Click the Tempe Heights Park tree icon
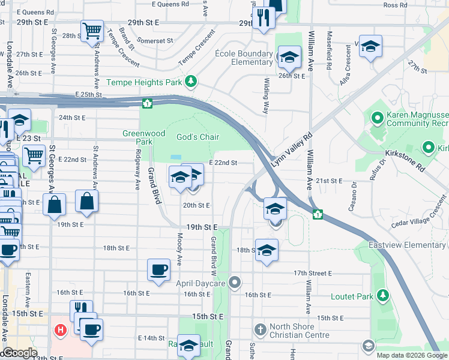191,82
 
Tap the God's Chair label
197,137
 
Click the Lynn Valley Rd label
292,150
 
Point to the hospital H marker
60,329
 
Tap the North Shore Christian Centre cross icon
260,329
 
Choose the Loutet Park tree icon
381,296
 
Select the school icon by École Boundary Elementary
289,58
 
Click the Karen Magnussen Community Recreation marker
378,118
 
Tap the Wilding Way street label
265,95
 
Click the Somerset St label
154,40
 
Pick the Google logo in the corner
19,353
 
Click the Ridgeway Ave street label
137,170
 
